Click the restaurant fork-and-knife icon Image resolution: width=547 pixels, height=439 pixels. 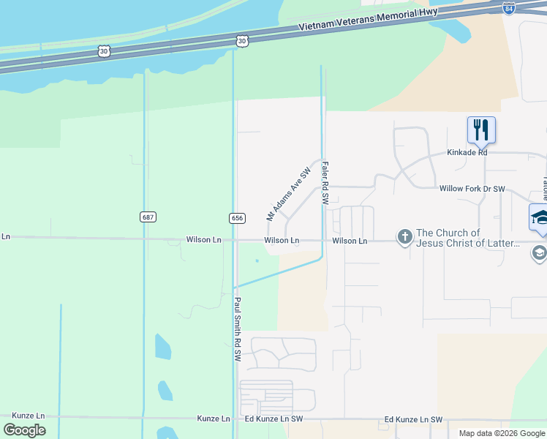481,130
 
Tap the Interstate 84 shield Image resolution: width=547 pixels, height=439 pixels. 510,8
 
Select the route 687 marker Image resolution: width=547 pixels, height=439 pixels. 148,217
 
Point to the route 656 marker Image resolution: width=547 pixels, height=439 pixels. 236,218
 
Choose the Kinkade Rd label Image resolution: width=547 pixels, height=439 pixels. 467,153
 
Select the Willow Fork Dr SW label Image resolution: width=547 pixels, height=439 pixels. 472,189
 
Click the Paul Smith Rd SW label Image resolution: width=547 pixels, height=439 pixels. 238,329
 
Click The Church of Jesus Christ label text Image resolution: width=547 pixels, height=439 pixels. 468,239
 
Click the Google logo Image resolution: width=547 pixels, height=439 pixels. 24,430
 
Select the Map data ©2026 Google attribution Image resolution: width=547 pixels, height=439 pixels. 502,433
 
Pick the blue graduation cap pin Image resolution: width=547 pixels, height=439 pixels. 540,217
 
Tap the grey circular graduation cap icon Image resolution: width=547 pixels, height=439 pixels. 539,253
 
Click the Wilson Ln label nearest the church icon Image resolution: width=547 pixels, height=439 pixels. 350,240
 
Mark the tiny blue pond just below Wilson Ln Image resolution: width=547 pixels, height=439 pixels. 257,260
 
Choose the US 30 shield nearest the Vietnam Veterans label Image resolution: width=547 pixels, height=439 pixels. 243,42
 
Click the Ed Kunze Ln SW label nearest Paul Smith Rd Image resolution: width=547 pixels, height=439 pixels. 273,419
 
